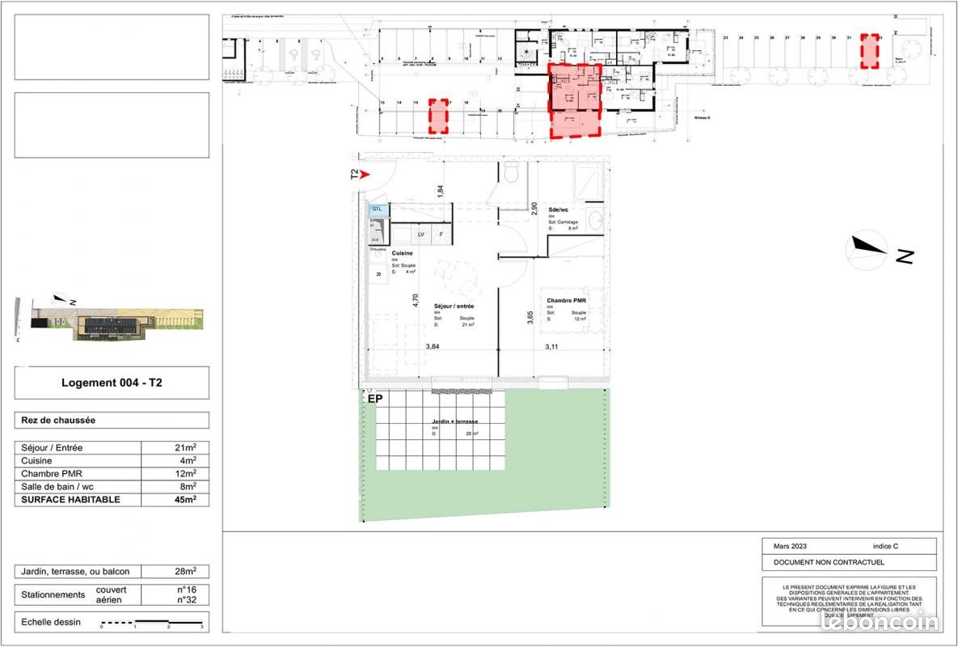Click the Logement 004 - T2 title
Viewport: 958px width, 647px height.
(112, 383)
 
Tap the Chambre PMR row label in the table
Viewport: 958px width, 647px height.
(52, 474)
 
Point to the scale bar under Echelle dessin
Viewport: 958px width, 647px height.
(151, 624)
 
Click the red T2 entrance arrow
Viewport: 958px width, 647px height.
(364, 174)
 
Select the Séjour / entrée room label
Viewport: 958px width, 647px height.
(454, 307)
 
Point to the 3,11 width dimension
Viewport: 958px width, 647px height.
(552, 347)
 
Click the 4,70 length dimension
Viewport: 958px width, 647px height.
(416, 300)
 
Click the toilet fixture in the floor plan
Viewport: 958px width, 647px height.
(510, 172)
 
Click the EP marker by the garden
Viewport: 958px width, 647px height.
(375, 399)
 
